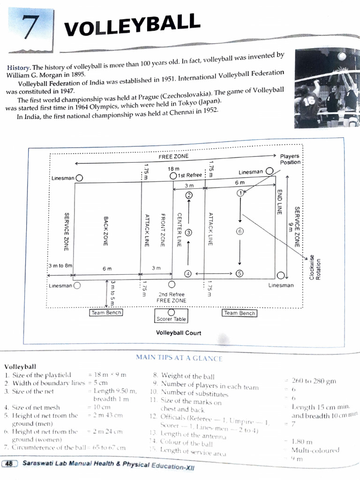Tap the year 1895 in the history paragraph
click(x=76, y=75)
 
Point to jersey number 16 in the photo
click(x=308, y=101)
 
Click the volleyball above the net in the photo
click(x=342, y=57)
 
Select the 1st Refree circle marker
click(x=173, y=175)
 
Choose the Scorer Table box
click(x=171, y=319)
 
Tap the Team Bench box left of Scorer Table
click(x=105, y=313)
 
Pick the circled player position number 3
click(x=188, y=232)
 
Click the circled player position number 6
click(x=240, y=231)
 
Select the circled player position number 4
click(x=188, y=274)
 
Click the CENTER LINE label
click(x=179, y=229)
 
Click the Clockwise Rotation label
click(x=314, y=268)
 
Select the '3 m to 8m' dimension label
click(x=60, y=265)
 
